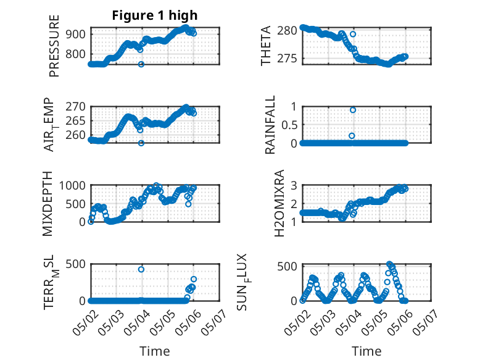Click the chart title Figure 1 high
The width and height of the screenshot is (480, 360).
(155, 15)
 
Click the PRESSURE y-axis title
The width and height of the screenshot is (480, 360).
(54, 46)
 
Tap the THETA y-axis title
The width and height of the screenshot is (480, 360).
(266, 46)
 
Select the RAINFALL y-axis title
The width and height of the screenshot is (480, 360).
(270, 125)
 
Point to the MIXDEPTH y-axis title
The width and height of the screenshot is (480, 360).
(47, 204)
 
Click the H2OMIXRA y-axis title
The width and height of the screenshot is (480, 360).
(279, 203)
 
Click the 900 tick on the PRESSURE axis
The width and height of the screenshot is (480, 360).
(76, 34)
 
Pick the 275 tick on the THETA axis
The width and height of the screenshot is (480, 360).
(287, 58)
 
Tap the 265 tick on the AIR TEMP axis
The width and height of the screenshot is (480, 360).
(76, 120)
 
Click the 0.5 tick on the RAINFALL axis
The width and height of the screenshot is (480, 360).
(289, 125)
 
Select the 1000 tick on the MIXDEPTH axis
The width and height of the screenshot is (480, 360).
(72, 185)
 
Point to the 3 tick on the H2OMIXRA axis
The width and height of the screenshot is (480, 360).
(294, 185)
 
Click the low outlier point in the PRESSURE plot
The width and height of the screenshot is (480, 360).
(141, 64)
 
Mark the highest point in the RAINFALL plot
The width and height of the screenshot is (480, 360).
(353, 110)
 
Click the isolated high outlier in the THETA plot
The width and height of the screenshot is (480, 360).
(353, 34)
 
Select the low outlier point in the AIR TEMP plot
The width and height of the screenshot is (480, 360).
(141, 143)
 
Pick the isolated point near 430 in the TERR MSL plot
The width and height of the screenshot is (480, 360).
(141, 269)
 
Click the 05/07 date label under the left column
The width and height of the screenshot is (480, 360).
(214, 321)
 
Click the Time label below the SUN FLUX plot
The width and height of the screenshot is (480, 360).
(366, 351)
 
